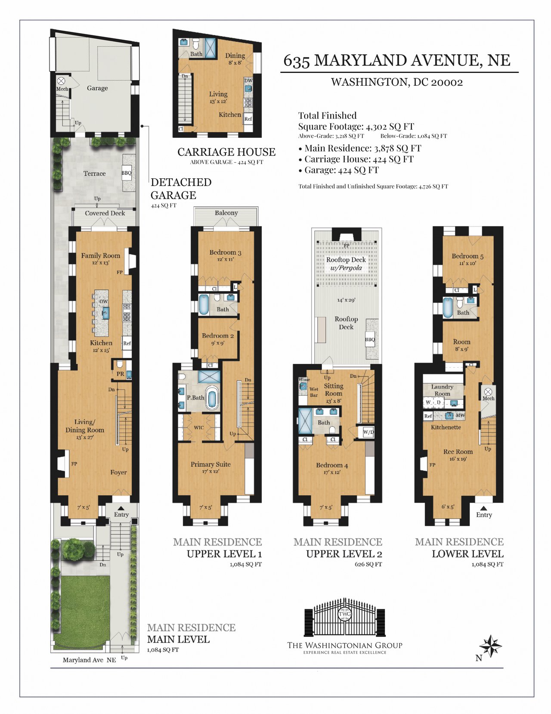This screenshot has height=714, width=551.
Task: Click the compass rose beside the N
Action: tap(490, 646)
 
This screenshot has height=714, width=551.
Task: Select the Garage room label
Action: tap(97, 88)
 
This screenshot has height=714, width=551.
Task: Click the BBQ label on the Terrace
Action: tap(127, 173)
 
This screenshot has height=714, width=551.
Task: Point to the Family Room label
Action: tap(100, 255)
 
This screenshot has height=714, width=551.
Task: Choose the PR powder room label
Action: tap(120, 374)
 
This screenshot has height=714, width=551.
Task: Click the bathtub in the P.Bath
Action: tap(212, 398)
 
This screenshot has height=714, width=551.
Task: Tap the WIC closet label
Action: tap(199, 428)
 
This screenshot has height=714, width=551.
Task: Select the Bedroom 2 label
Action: tap(218, 335)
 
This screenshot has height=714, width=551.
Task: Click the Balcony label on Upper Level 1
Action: tap(226, 213)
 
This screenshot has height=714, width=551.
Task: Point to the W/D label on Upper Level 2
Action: tap(368, 432)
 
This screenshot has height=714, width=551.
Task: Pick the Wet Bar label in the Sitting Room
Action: tap(313, 392)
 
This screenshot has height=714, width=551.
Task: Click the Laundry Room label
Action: tap(442, 390)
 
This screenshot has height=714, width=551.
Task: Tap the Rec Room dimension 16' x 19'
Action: tap(458, 459)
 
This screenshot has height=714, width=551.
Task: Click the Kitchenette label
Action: tap(446, 427)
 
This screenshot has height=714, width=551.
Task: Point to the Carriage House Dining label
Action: tap(235, 56)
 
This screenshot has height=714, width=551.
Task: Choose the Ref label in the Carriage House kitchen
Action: tap(248, 118)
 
